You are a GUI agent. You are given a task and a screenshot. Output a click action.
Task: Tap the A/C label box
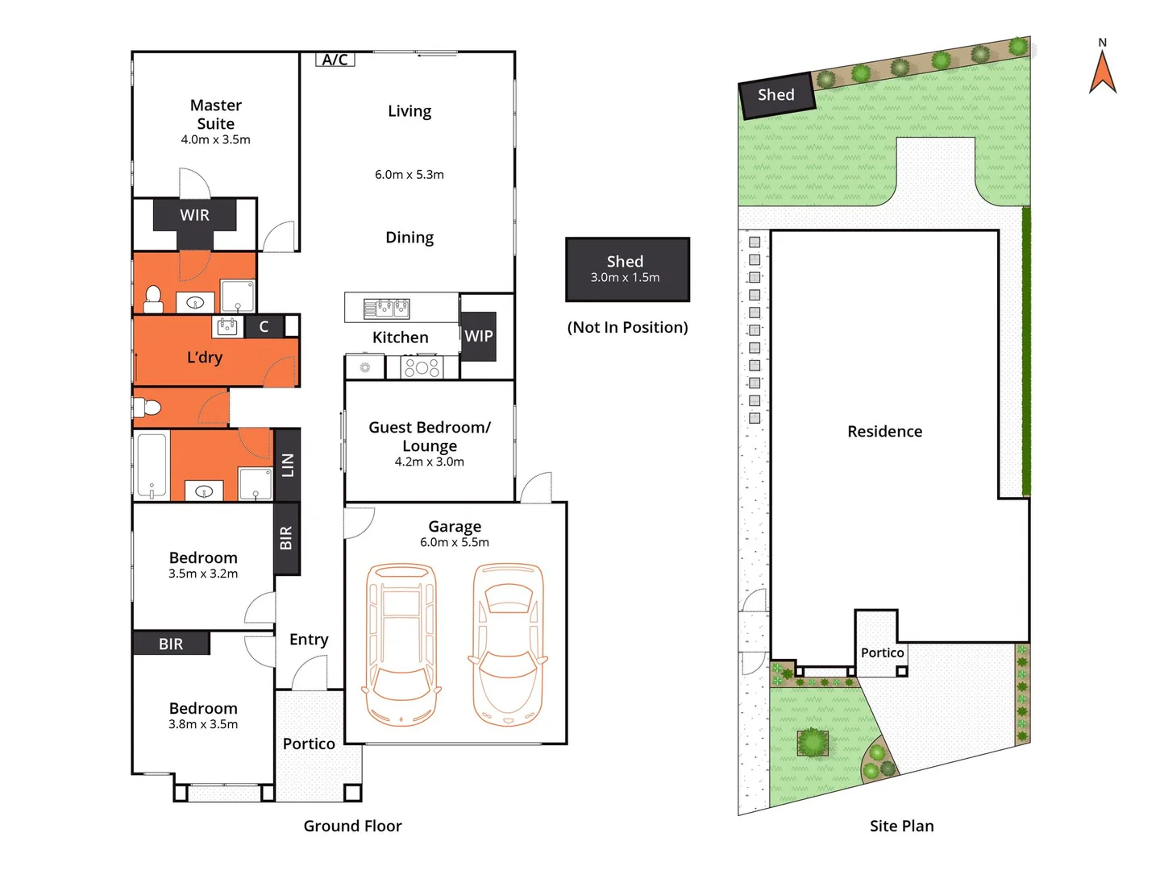click(x=335, y=60)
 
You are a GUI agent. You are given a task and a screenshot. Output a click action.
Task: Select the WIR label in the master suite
click(x=194, y=215)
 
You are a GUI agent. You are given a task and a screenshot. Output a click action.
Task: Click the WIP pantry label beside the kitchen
click(x=478, y=336)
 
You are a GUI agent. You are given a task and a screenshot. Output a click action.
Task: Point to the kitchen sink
click(x=386, y=308)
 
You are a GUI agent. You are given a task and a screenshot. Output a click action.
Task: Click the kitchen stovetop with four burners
click(x=422, y=368)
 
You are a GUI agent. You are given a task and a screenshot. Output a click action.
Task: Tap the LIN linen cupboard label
click(x=287, y=465)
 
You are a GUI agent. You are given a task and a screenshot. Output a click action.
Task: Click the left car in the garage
click(x=401, y=644)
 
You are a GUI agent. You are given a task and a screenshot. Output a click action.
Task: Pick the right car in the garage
click(x=508, y=644)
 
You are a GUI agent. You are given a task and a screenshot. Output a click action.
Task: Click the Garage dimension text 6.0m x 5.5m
click(x=454, y=543)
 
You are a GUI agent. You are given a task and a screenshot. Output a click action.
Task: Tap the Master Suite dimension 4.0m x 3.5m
click(x=215, y=139)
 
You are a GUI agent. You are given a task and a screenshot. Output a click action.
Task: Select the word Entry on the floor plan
click(x=309, y=640)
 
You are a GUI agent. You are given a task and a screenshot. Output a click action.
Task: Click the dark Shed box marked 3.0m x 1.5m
click(x=627, y=269)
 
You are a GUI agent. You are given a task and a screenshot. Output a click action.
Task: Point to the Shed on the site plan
click(x=776, y=96)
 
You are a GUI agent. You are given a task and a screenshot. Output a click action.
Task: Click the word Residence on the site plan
click(x=884, y=432)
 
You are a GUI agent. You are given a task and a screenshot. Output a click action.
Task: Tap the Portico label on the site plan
click(x=882, y=653)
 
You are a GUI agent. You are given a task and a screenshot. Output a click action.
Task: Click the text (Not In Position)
click(x=627, y=327)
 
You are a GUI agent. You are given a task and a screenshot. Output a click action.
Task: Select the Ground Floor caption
click(x=352, y=826)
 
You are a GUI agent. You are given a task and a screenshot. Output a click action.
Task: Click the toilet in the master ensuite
click(x=152, y=300)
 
